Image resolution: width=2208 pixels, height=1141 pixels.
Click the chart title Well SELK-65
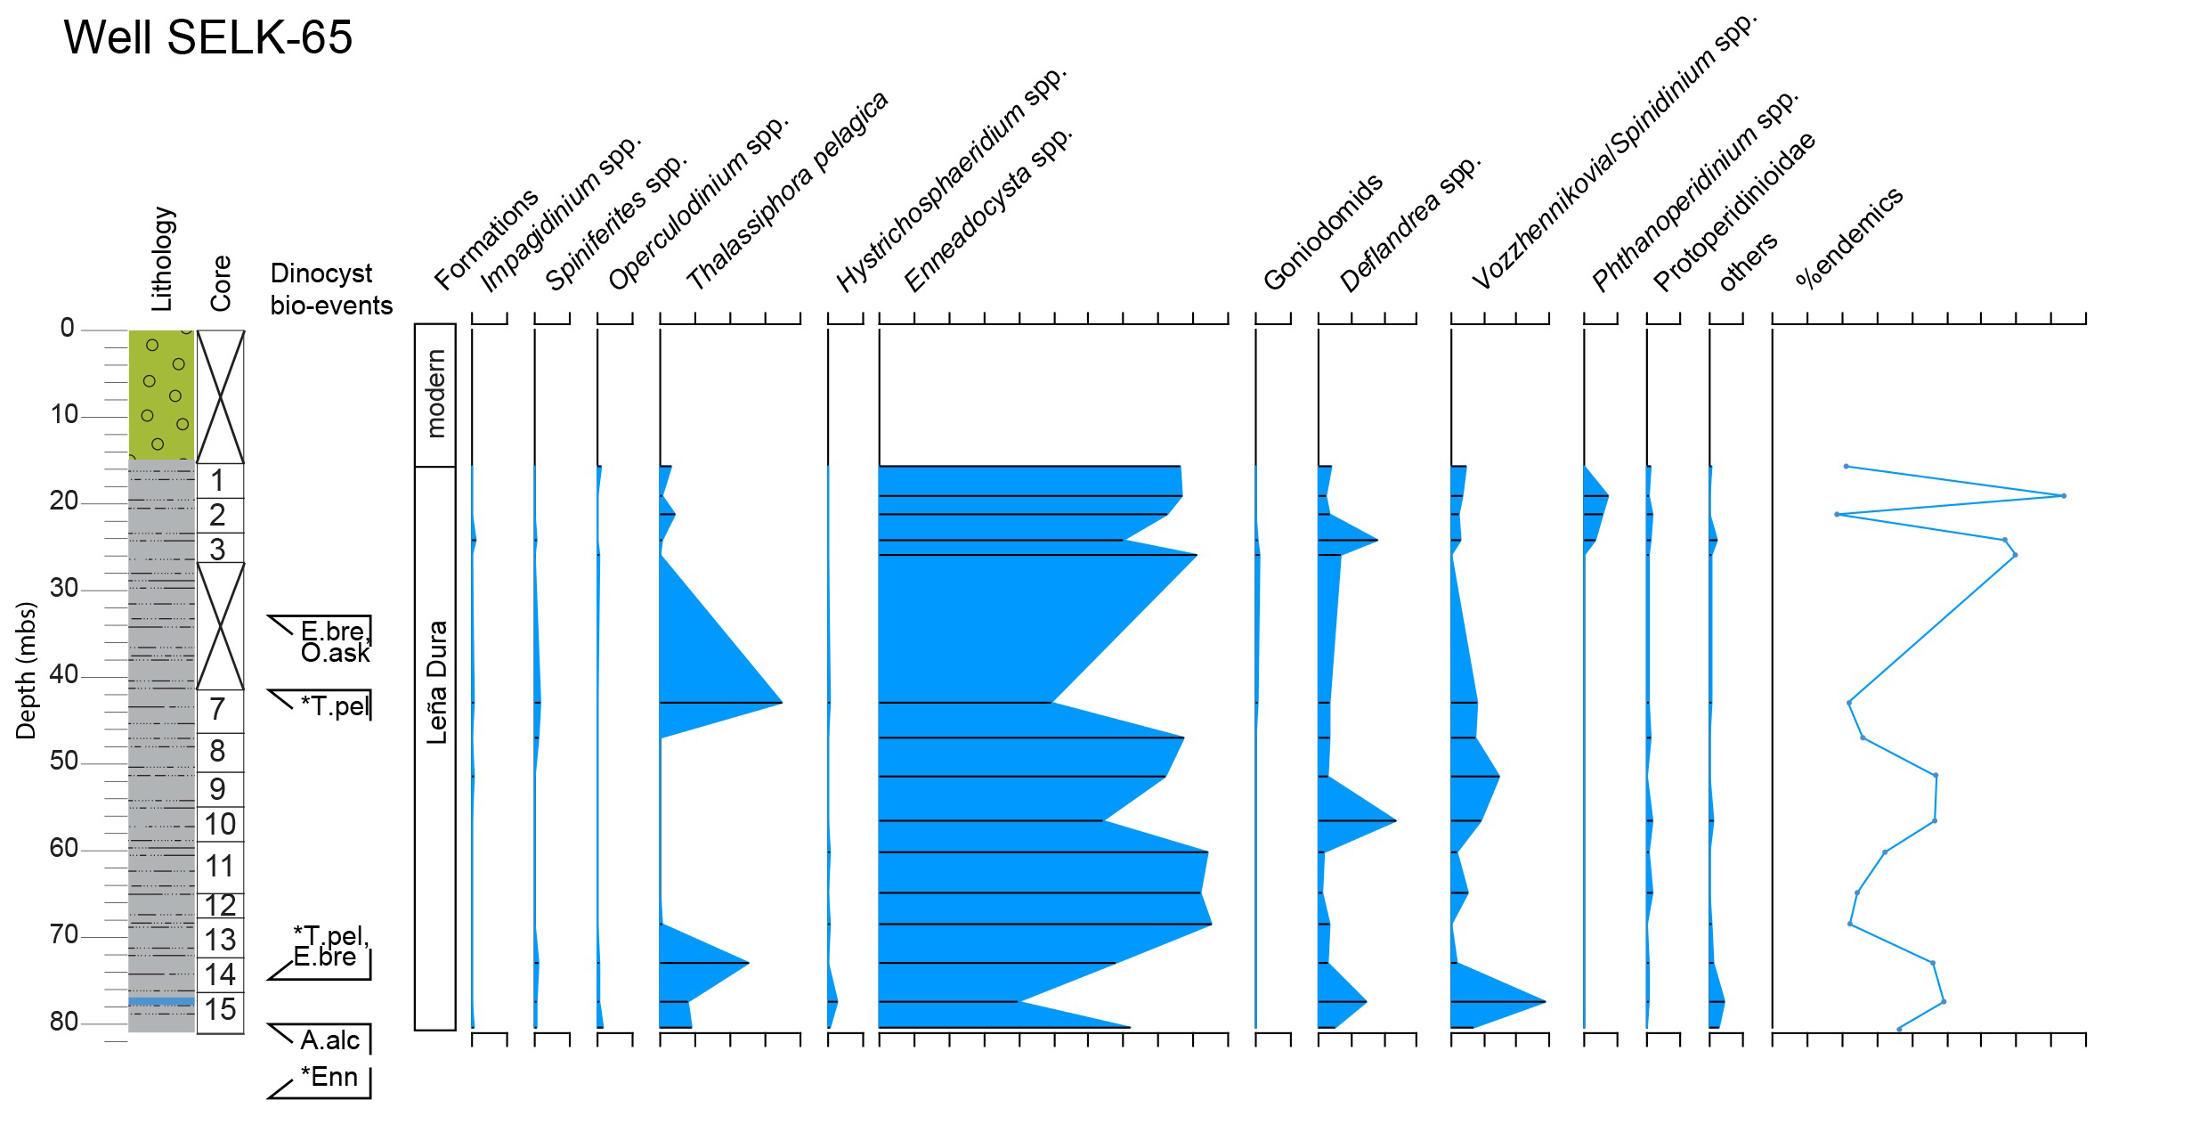point(208,37)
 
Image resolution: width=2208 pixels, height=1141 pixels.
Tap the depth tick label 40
point(64,674)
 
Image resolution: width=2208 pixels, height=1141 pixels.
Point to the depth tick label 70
point(64,934)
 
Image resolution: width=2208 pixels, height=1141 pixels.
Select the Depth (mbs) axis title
point(26,671)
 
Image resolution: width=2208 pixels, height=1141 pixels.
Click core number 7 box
point(219,710)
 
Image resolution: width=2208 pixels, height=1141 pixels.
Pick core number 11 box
point(219,866)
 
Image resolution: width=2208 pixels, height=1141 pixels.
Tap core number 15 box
point(219,1009)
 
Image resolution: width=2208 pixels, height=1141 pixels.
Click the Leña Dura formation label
point(435,683)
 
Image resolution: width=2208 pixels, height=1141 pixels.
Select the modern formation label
point(435,394)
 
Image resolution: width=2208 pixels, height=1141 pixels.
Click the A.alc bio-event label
point(330,1039)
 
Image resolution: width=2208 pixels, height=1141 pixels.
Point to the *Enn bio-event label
point(329,1077)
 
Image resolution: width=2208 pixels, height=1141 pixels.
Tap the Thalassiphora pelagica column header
point(787,192)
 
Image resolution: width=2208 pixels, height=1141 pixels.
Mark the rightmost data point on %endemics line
point(2064,496)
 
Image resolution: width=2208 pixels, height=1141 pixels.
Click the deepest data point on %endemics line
point(1899,1029)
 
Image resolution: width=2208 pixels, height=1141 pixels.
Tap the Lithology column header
point(162,259)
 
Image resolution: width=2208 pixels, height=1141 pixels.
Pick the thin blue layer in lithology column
point(161,1001)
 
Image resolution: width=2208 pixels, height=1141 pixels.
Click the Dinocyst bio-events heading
point(331,289)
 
